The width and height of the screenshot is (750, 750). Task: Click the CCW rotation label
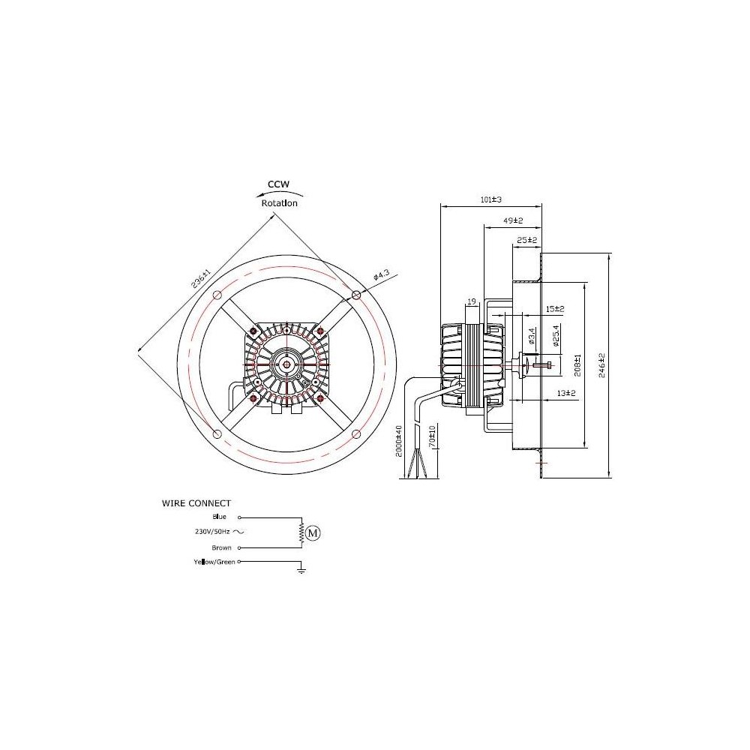click(279, 184)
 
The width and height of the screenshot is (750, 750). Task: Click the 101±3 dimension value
click(490, 200)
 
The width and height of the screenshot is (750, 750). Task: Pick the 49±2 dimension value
click(512, 220)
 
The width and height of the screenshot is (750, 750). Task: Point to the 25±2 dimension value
click(527, 240)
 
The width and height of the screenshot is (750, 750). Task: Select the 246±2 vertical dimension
click(602, 365)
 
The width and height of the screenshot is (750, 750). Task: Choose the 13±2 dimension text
click(565, 393)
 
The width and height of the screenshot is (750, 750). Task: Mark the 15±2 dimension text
click(555, 308)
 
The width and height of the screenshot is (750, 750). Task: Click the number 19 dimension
click(471, 301)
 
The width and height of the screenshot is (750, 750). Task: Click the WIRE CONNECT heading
click(196, 503)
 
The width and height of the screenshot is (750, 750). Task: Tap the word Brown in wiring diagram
click(221, 547)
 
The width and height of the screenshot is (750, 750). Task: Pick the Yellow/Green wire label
click(214, 562)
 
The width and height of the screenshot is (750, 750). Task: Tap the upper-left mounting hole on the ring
click(217, 294)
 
